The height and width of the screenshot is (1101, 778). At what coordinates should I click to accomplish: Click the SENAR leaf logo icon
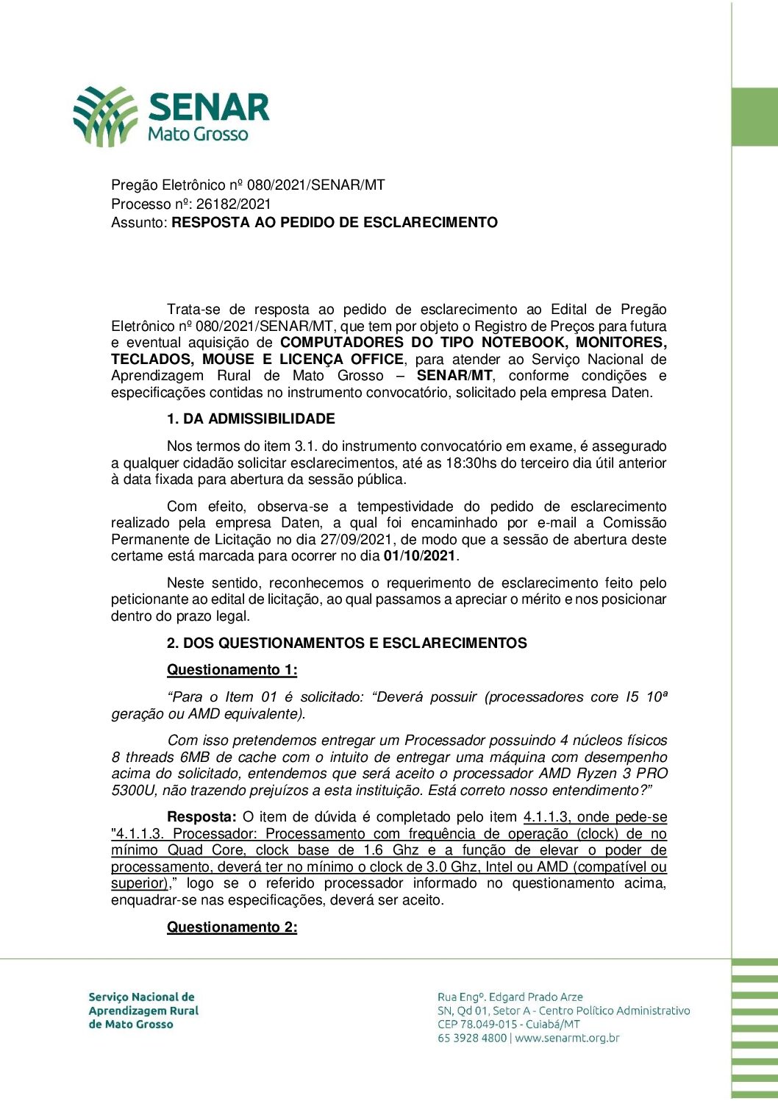[105, 116]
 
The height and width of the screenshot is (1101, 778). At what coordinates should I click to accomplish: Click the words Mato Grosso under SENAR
[198, 135]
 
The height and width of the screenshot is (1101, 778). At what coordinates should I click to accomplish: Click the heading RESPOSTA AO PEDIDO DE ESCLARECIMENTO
[335, 222]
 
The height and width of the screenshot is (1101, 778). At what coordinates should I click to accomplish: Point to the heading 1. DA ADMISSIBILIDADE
[251, 418]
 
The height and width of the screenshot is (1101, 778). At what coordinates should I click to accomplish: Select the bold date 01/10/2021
[420, 556]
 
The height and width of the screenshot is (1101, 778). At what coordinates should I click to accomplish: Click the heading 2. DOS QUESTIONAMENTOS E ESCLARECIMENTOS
[346, 643]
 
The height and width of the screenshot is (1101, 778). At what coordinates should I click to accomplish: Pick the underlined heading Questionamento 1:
[232, 669]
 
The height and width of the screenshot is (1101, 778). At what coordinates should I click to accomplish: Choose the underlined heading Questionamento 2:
[232, 927]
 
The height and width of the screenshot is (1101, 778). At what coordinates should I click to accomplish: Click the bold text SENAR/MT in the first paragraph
[454, 376]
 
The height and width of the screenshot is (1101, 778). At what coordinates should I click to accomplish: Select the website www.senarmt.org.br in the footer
[567, 1038]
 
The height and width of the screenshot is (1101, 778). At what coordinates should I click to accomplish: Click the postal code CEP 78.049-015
[477, 1024]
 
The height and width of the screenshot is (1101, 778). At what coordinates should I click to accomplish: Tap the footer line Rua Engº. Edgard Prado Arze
[510, 997]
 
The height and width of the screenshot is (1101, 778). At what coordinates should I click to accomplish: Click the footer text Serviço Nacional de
[141, 997]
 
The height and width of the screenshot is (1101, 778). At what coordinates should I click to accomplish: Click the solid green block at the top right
[754, 117]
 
